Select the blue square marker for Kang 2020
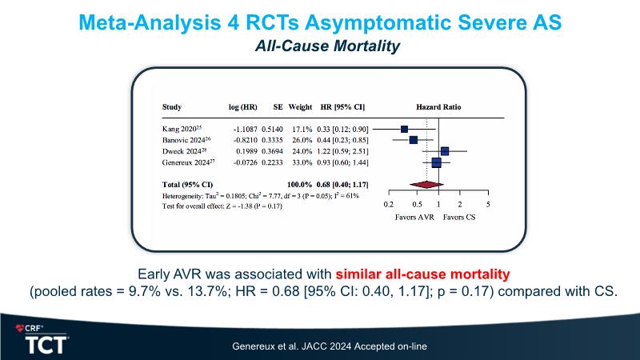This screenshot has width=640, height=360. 405,128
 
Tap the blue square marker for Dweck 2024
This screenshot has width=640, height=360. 445,150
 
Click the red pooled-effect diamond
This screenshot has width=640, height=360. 425,185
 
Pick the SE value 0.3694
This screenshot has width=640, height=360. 274,150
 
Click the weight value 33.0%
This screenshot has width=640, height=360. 300,162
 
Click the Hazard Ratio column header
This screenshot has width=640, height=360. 438,106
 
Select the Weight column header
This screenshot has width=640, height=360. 300,106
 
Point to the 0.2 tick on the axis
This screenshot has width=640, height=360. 389,204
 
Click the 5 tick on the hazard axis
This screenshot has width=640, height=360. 488,204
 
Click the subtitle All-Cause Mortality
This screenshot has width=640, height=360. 320,48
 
